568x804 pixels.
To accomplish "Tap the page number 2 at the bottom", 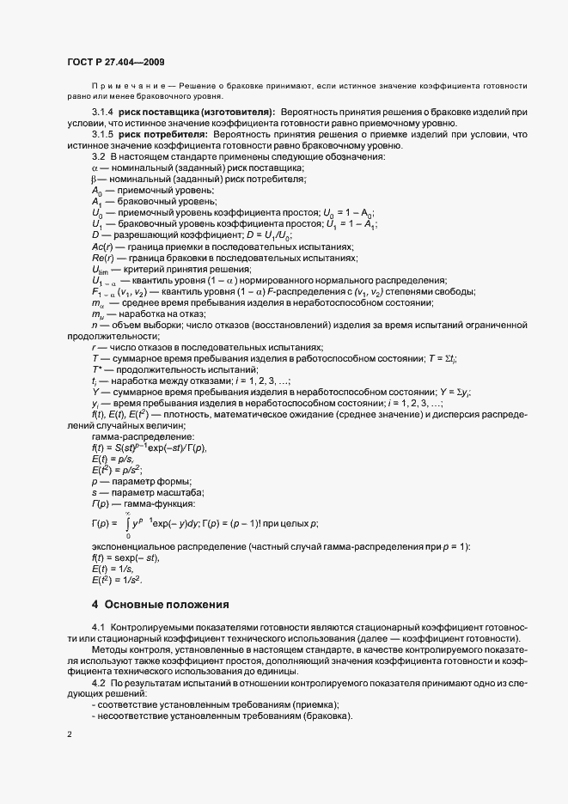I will click(x=70, y=735).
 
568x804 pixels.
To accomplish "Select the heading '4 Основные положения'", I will click(x=161, y=605).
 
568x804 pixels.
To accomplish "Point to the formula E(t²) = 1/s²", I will click(x=117, y=581).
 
